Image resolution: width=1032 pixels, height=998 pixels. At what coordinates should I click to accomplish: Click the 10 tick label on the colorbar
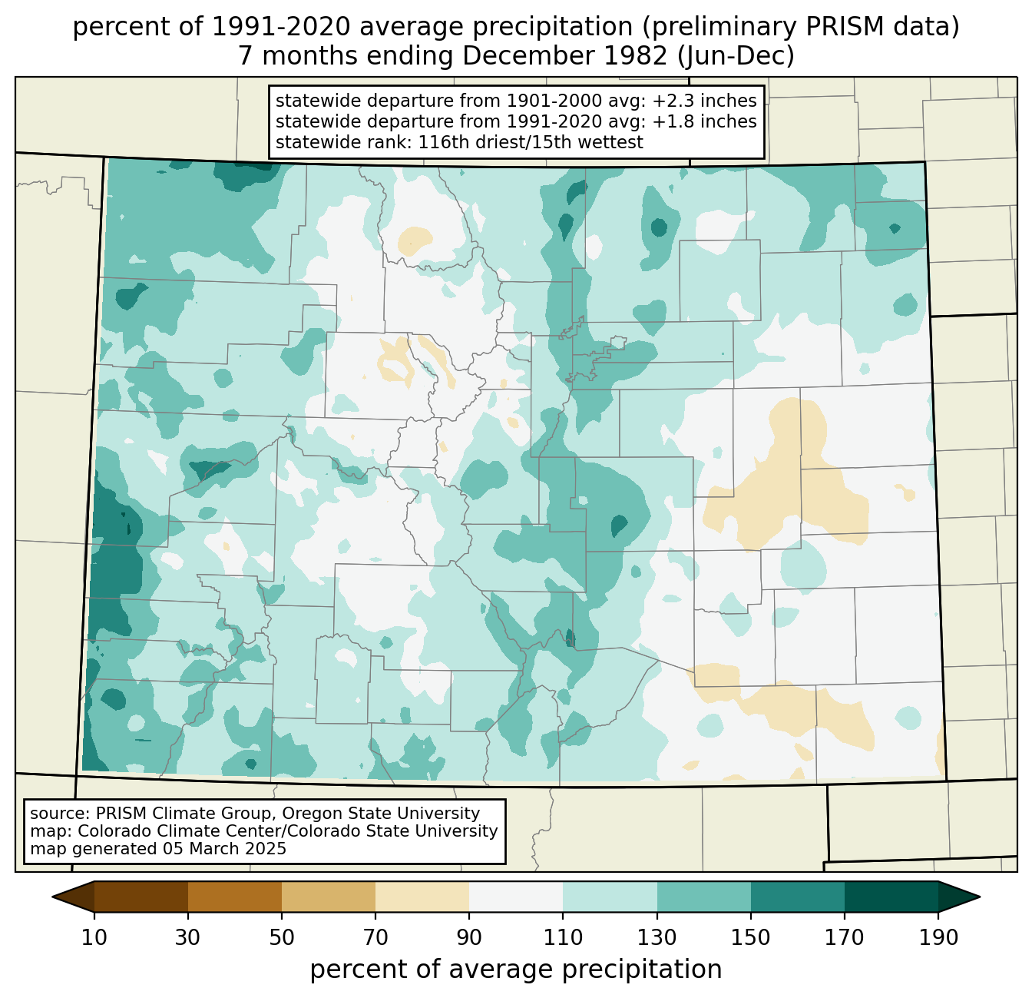click(x=94, y=937)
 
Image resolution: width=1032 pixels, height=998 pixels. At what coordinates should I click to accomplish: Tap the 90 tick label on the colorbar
click(x=469, y=937)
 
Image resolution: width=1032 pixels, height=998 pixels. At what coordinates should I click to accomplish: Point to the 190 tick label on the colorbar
click(x=938, y=937)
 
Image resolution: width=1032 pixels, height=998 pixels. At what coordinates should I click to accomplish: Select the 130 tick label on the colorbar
click(x=657, y=937)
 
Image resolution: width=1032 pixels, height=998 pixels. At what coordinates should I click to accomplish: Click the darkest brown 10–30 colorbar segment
click(x=141, y=897)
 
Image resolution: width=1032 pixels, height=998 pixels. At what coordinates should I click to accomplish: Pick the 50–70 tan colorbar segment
click(x=329, y=897)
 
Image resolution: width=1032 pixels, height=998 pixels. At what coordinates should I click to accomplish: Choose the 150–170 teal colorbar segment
click(x=798, y=897)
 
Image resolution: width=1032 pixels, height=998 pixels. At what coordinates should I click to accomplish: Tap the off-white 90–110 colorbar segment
click(x=516, y=897)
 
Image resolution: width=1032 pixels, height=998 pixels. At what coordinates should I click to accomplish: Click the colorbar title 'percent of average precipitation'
click(x=516, y=970)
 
